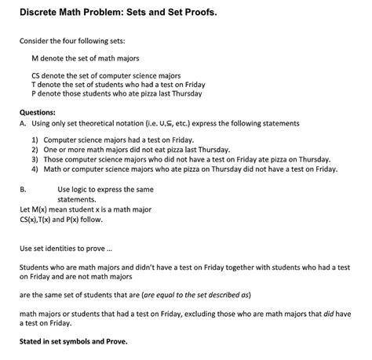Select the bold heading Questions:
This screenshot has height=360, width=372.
39,111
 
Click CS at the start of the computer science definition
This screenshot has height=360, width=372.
36,76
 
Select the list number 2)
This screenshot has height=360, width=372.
36,148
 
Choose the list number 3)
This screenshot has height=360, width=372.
36,158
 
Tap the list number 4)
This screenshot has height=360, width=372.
36,168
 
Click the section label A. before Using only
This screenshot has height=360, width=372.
24,122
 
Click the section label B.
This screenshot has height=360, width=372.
23,190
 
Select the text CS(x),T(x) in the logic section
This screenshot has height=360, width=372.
43,220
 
